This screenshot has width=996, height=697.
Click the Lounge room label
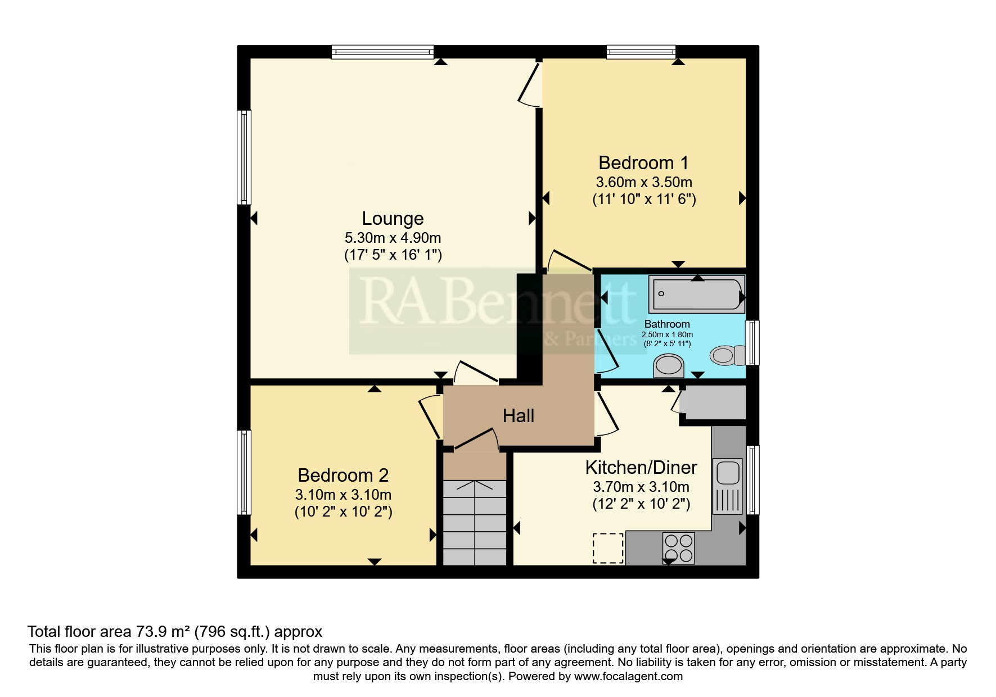point(393,218)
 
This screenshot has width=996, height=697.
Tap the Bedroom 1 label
point(643,162)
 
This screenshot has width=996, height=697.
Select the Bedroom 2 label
point(343,475)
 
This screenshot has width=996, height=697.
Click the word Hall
point(519,416)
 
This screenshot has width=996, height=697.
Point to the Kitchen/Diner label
point(641,467)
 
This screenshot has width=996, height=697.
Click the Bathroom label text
point(667,324)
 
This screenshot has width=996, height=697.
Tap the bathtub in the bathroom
point(697,294)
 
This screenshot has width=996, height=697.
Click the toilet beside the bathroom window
point(727,355)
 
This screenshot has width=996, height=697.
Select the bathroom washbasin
point(669,366)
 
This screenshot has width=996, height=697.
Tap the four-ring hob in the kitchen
point(678,548)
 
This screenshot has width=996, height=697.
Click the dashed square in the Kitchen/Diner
point(608,548)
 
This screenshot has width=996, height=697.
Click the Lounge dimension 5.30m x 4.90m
point(393,238)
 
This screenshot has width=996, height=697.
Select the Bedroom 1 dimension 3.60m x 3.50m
point(644,182)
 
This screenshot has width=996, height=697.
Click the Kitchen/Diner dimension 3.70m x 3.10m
point(641,487)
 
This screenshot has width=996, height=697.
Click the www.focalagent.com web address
point(628,676)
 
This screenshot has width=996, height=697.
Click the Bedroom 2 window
point(244,472)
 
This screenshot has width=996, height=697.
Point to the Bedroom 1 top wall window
point(641,52)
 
